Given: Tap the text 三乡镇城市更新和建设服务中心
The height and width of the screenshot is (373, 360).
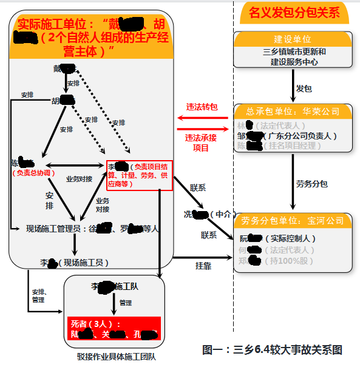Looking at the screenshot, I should click(x=293, y=57).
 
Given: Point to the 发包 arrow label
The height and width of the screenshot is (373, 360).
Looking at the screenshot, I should click(x=304, y=89).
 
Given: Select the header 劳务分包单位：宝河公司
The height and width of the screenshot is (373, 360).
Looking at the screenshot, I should click(x=293, y=220).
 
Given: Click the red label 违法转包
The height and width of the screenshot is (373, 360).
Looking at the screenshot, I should click(x=202, y=107).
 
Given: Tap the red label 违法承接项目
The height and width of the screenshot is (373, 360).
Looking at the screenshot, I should click(x=201, y=143).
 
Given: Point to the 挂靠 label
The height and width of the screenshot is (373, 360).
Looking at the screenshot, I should click(x=203, y=265).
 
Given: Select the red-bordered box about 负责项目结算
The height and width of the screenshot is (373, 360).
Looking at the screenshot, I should click(x=140, y=175).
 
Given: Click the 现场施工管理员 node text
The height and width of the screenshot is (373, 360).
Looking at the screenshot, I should click(x=92, y=229).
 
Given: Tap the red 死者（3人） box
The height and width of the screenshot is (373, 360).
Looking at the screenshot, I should click(x=113, y=329).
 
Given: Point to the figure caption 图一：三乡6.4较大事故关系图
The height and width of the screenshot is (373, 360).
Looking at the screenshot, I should click(x=272, y=350).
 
